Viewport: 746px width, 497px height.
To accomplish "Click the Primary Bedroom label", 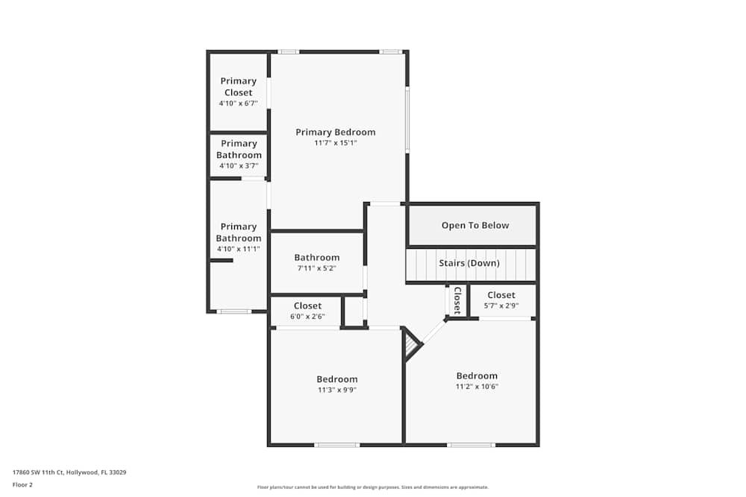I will coord(335,132).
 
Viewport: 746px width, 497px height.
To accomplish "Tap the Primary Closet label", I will coord(238,86).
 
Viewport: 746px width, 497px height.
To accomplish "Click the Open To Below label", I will coord(474,225).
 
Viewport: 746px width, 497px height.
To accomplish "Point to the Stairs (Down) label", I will coord(469,263).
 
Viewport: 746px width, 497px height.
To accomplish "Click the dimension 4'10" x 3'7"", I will coord(238,166).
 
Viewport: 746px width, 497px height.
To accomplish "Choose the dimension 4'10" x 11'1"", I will coord(238,249).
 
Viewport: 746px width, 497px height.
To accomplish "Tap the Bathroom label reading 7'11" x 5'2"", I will coord(316,258).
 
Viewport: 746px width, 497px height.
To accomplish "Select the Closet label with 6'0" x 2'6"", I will coord(307,306).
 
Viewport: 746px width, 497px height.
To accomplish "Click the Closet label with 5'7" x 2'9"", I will coord(501,295).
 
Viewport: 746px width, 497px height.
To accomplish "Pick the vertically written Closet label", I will coord(457,300).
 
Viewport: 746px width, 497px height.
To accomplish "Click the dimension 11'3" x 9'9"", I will coord(336,390).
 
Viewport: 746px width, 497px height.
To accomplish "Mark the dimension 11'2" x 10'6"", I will coord(477,387).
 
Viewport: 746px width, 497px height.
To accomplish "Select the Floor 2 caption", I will coord(22,484).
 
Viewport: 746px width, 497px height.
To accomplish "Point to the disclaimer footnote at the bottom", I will coord(372,487).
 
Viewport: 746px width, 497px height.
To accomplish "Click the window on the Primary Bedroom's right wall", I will coord(407,119).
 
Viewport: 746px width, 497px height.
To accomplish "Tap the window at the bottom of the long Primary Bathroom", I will coord(233,311).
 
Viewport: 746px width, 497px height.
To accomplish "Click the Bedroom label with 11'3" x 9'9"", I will coord(336,379).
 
